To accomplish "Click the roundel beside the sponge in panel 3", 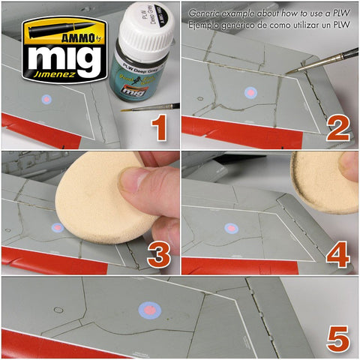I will point(57,226).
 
